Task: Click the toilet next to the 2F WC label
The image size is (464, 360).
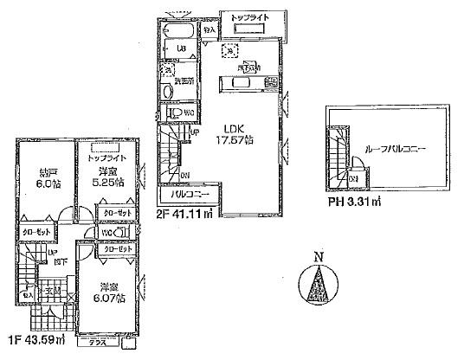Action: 174,113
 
